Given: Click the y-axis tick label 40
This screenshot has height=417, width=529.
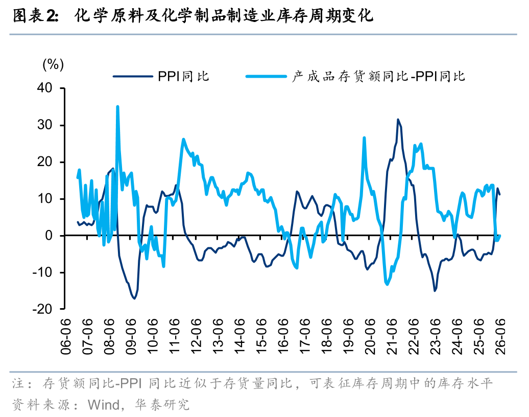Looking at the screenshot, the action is point(45,88).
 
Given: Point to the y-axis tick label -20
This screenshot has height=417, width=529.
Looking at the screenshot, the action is point(42,309).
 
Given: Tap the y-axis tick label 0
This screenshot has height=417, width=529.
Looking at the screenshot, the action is point(49,236).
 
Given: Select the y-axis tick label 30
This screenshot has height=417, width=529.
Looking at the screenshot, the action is point(45,125).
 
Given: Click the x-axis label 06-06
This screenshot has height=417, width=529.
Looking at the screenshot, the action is point(66,336).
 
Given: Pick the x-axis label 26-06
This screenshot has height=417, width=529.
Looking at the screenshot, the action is point(500,336).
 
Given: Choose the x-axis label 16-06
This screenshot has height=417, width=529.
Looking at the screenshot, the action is point(283,336).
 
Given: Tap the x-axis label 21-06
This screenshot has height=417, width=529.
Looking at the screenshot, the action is point(392,336).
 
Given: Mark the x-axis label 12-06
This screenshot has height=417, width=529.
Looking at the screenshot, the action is point(196,336).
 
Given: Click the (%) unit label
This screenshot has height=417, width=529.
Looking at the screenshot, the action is point(53,64).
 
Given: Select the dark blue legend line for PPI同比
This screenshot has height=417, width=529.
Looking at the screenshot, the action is point(133,77).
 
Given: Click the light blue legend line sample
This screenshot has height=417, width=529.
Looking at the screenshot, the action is point(266,77).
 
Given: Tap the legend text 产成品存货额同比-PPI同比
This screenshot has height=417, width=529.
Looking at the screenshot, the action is point(378,77).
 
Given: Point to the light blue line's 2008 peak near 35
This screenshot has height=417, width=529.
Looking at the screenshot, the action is point(117,107).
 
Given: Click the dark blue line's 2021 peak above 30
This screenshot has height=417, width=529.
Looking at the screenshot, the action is point(398,120).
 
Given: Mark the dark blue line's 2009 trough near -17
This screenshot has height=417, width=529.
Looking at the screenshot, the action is point(134,298).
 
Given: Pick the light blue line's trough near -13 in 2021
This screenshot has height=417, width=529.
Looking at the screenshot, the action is point(387,284).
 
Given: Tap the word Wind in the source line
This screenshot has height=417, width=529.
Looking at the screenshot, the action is point(104,404).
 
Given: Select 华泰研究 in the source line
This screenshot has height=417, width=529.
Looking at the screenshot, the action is point(162,404).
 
